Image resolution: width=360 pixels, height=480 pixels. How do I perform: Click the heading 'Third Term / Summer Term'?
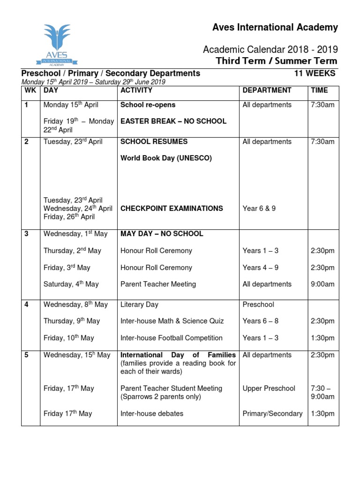click(276, 61)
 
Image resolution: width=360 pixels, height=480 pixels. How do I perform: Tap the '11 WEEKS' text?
click(315, 73)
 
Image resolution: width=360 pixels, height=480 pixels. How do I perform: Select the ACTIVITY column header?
click(136, 90)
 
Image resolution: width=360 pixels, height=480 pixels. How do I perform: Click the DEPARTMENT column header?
click(267, 90)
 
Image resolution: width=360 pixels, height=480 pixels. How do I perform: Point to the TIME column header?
click(319, 90)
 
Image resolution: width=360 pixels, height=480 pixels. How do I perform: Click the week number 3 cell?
click(27, 233)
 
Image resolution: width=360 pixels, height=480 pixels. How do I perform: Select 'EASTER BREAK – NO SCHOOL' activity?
click(173, 121)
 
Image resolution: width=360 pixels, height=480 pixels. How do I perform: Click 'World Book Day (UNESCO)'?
click(166, 158)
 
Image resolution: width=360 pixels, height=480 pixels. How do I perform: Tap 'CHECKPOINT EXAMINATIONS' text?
click(172, 208)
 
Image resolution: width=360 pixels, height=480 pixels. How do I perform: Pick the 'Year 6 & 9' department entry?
click(259, 208)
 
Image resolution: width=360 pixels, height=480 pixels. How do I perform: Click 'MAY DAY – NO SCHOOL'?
click(162, 233)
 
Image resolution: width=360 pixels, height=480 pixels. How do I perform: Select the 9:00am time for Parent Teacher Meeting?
click(322, 284)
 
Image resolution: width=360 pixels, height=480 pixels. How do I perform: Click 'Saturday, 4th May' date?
click(71, 284)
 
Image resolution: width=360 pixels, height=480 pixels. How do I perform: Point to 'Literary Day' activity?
click(139, 304)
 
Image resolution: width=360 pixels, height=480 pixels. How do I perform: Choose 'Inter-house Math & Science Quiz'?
click(172, 321)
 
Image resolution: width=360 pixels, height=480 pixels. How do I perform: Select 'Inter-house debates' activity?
click(152, 413)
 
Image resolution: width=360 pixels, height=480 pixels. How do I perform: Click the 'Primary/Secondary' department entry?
click(272, 413)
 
